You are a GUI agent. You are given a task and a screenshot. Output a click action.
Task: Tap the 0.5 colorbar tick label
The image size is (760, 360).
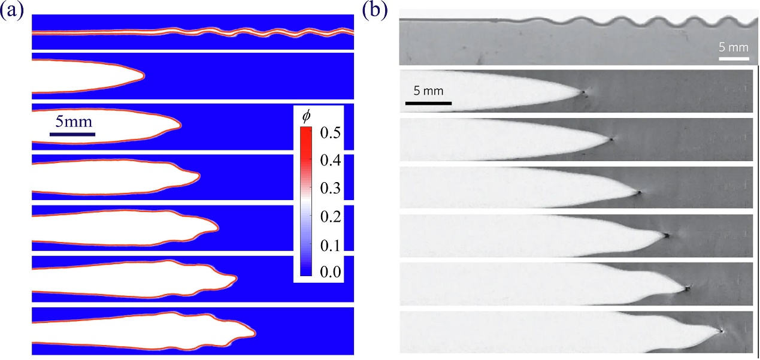pos(330,133)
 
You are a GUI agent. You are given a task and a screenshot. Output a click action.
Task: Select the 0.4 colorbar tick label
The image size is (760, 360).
pos(330,161)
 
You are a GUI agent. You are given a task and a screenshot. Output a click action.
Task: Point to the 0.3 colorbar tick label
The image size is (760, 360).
pos(330,188)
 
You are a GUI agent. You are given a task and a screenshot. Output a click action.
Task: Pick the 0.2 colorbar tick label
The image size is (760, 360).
pos(330,216)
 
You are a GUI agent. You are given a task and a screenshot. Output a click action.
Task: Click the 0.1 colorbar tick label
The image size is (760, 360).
pos(330,245)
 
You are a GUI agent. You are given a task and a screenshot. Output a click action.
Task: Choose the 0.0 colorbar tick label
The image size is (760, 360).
pos(330,272)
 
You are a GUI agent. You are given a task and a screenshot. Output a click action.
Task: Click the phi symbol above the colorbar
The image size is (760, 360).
pos(306,117)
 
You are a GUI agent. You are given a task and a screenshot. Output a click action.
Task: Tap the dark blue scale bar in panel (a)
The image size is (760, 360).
pos(72,134)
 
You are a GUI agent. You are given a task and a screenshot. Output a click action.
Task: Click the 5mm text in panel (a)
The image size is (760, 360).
pos(74,122)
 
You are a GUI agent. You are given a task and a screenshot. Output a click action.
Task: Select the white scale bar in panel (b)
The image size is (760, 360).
pos(734,59)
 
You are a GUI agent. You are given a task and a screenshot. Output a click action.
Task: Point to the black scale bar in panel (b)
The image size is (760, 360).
pos(428,103)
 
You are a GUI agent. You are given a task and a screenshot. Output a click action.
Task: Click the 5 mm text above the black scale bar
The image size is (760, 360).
pos(428,91)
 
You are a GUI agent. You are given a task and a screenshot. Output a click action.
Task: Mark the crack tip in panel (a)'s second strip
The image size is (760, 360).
pos(144,75)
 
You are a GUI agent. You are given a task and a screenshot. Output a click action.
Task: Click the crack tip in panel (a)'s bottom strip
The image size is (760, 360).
pos(255,335)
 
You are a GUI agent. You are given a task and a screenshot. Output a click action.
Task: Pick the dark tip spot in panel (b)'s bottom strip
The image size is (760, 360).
pos(722,331)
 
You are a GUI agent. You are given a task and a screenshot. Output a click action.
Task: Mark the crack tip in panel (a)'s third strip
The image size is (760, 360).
pos(180,126)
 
